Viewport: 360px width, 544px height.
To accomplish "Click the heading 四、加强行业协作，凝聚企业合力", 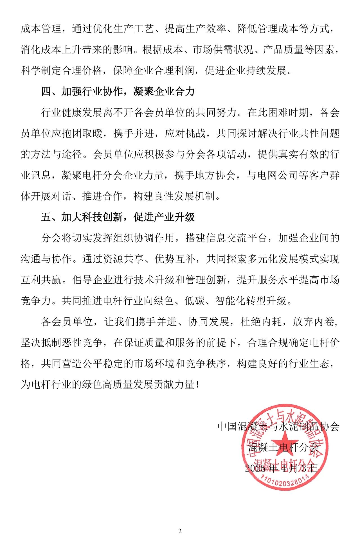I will coord(118,91).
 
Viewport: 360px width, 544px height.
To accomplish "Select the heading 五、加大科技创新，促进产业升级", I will coord(118,217).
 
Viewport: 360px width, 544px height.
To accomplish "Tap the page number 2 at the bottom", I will coord(180,531).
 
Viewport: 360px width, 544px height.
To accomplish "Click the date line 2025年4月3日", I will coord(282,468).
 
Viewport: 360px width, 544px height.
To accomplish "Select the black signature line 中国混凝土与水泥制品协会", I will coord(278,426).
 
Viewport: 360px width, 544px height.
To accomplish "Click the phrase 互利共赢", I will coord(41,280).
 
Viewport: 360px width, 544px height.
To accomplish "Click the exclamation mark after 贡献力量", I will coord(198,385).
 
